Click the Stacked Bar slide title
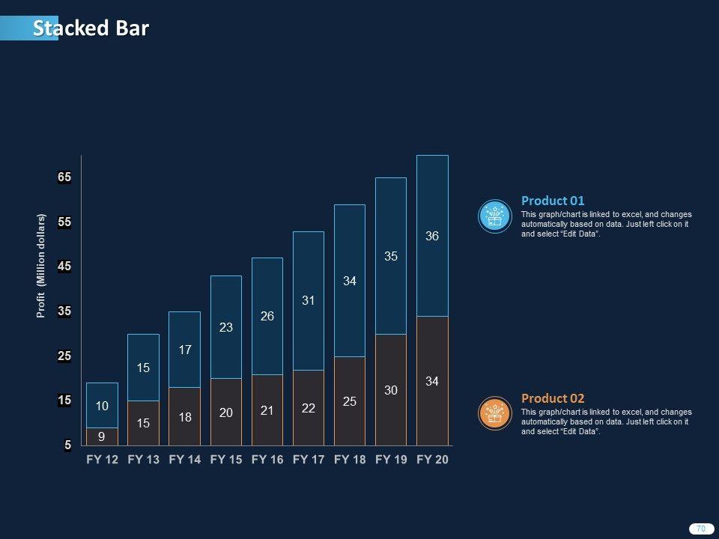pyautogui.click(x=91, y=28)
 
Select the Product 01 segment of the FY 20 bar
pyautogui.click(x=432, y=236)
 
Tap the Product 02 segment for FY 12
pyautogui.click(x=102, y=436)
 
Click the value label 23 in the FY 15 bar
pyautogui.click(x=226, y=327)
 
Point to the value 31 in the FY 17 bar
pyautogui.click(x=309, y=300)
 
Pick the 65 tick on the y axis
pyautogui.click(x=64, y=177)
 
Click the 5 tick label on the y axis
pyautogui.click(x=67, y=445)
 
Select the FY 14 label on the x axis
pyautogui.click(x=185, y=460)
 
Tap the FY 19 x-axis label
pyautogui.click(x=391, y=460)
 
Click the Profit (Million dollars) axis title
pyautogui.click(x=42, y=266)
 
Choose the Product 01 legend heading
pyautogui.click(x=553, y=201)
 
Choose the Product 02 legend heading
pyautogui.click(x=553, y=398)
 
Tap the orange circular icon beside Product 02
pyautogui.click(x=494, y=413)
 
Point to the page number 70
pyautogui.click(x=701, y=529)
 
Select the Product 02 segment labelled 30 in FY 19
pyautogui.click(x=391, y=390)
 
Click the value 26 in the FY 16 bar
pyautogui.click(x=267, y=317)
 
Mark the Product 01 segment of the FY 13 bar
pyautogui.click(x=144, y=368)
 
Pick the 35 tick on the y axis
pyautogui.click(x=64, y=311)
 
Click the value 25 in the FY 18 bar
pyautogui.click(x=350, y=402)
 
